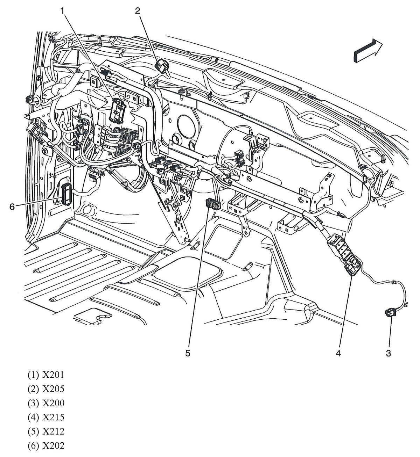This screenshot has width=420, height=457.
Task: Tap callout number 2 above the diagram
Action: click(138, 11)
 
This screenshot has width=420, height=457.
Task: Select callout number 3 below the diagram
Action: click(388, 353)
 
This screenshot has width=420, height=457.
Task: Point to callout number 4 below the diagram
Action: click(338, 353)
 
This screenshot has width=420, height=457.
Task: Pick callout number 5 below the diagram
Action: click(188, 353)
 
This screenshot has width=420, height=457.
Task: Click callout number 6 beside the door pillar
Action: click(12, 207)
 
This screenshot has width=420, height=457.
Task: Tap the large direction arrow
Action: click(368, 50)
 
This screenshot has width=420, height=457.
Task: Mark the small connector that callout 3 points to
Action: click(389, 313)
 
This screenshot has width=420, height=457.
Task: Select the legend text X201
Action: click(53, 375)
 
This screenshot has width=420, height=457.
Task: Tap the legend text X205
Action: click(53, 389)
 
